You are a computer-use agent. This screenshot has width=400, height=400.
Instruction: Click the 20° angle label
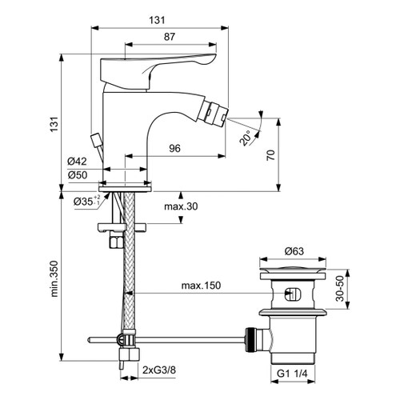(250, 137)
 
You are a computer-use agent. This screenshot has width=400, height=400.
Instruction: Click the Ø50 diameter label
(78, 175)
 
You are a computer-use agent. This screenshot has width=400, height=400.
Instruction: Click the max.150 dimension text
(200, 286)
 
